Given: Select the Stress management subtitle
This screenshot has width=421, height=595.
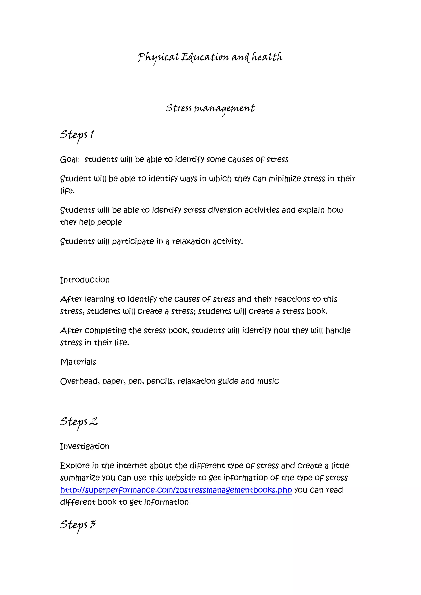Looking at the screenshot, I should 210,108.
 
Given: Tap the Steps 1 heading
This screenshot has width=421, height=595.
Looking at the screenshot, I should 77,135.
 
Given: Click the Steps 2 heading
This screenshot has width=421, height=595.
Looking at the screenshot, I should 79,422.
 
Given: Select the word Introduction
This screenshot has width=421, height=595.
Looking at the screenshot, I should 85,280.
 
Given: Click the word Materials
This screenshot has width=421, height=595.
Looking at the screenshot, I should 78,362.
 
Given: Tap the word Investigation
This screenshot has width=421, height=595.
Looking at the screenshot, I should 85,446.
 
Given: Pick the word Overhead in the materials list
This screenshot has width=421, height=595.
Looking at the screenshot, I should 80,381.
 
